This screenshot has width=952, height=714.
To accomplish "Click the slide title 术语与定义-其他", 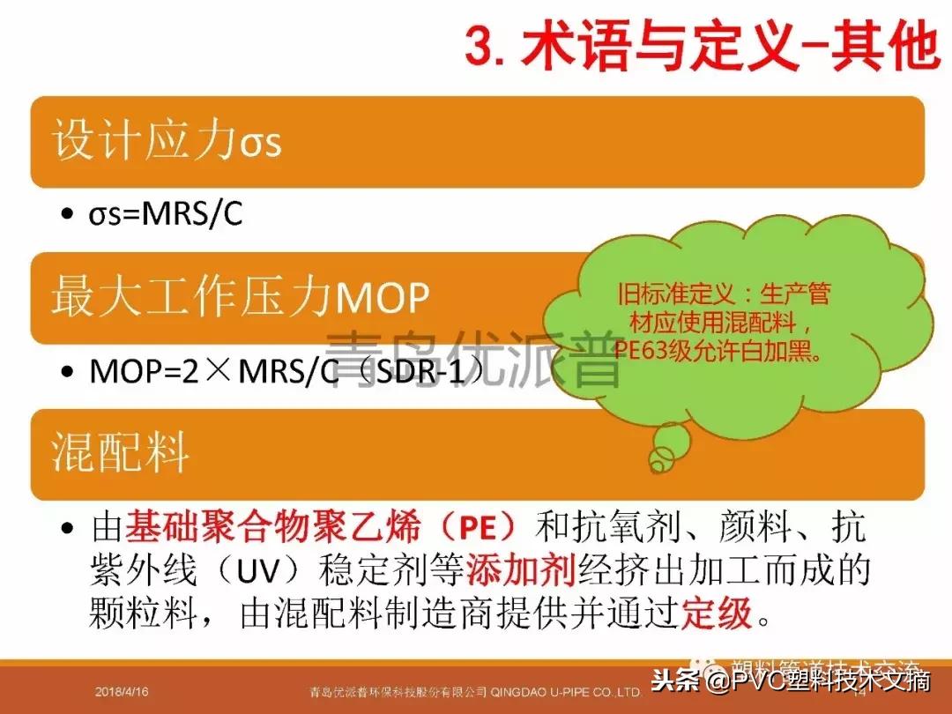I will tap(732, 46).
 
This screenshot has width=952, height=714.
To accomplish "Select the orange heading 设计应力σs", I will tap(167, 141).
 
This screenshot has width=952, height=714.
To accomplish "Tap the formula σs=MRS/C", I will tap(165, 215).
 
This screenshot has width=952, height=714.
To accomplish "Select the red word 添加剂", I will tap(521, 571).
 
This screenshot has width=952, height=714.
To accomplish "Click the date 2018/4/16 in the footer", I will tap(123, 693).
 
